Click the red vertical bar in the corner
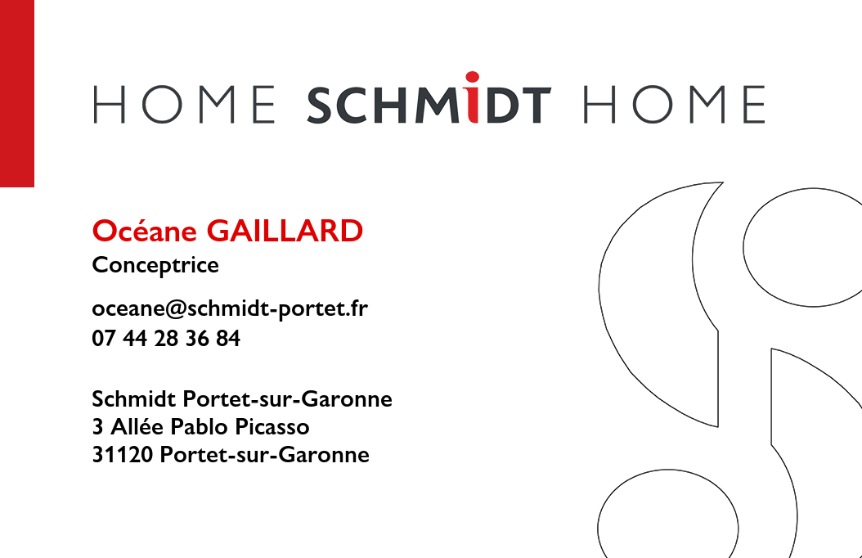(x=17, y=93)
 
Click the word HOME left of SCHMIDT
(x=184, y=105)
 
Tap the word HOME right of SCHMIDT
(x=674, y=105)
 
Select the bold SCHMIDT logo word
(x=429, y=98)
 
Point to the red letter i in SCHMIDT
(x=472, y=97)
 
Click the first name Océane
(x=145, y=231)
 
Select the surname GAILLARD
(x=285, y=231)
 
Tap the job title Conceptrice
(x=155, y=266)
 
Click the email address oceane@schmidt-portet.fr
(x=230, y=308)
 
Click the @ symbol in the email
(x=176, y=309)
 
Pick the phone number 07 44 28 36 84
(x=166, y=338)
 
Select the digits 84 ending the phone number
(x=228, y=338)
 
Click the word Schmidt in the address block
(x=134, y=398)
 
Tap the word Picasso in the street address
(x=272, y=426)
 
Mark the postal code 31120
(x=123, y=455)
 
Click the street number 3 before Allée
(x=98, y=426)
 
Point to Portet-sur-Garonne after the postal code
(x=264, y=455)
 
